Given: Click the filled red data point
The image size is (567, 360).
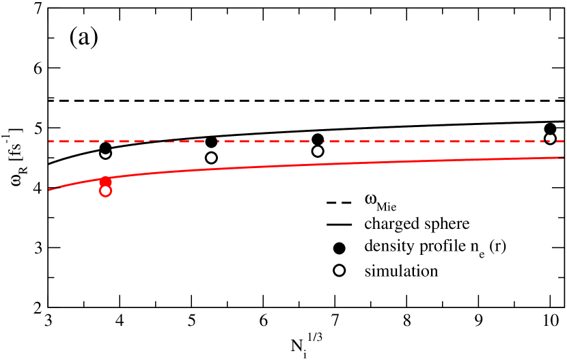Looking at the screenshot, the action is tap(105, 182).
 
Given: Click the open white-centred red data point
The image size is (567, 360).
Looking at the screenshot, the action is tap(105, 191).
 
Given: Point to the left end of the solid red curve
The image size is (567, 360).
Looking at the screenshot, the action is tap(49, 189).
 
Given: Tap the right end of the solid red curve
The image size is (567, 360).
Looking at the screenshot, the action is tap(563, 158).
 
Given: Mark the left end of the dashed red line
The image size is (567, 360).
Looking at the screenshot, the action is tap(49, 141).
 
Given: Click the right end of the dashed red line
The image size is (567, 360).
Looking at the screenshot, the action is tap(563, 141).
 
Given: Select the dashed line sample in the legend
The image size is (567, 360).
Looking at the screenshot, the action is tap(339, 203).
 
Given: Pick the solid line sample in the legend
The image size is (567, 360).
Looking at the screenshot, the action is tap(339, 224).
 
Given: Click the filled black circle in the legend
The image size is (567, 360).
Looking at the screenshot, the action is tap(339, 247).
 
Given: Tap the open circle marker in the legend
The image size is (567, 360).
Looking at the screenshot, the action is tap(339, 271).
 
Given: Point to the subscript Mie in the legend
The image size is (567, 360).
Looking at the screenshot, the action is tap(387, 206).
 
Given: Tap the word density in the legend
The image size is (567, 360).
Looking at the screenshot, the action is tap(387, 247).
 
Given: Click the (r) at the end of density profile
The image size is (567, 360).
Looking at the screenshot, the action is tap(498, 247).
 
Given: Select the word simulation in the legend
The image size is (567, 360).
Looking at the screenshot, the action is tap(401, 271).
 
